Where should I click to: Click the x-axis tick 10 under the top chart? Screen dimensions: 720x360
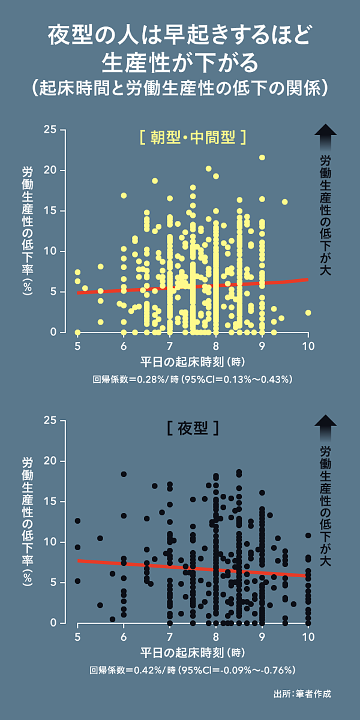(308, 346)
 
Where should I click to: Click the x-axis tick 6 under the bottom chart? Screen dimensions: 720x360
(124, 637)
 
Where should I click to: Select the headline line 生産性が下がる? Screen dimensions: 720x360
(180, 61)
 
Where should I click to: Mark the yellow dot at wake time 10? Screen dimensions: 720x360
(308, 313)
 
